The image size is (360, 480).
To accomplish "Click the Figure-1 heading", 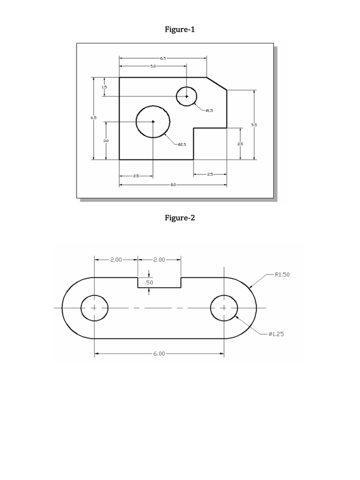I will coord(180,30).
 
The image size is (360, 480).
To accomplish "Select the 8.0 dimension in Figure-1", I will coord(172,185).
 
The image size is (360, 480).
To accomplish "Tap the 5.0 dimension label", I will coord(153,67).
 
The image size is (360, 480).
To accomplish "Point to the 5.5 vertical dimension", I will coord(254,125).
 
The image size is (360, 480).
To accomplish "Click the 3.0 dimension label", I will coord(106,140).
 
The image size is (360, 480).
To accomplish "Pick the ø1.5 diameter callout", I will coord(209,111).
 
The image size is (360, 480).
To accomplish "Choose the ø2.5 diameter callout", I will coord(182,144).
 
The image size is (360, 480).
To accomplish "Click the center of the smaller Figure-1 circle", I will coord(187,96).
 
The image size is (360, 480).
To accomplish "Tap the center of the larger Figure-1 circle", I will coord(153,121).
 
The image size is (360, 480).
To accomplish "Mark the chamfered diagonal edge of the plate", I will coord(217,83).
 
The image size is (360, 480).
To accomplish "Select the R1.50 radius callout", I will coord(282,275).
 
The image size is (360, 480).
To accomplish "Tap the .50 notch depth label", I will coord(149,283).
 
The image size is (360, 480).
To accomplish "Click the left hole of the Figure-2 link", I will coord(94,308).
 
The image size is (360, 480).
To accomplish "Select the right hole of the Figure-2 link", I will coord(224,308).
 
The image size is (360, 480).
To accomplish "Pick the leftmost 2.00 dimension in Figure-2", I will coord(116,259).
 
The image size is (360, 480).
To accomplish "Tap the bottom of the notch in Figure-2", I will coord(159,287).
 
